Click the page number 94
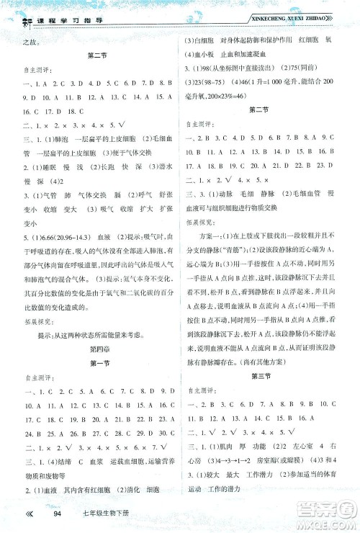pos(70,513)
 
